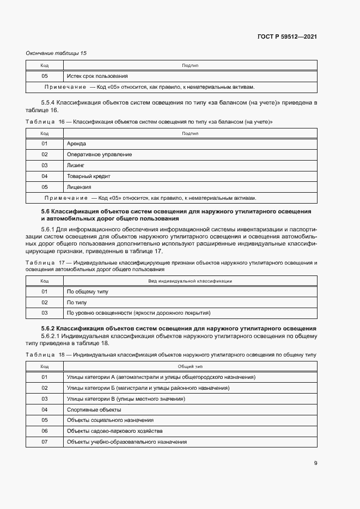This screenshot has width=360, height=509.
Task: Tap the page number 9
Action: pos(315,463)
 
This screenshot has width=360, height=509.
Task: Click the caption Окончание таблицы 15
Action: pos(56,53)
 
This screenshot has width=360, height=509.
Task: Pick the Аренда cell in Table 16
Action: pos(77,144)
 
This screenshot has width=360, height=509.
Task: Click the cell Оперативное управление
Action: pos(99,155)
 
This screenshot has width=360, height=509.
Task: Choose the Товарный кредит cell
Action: pos(88,176)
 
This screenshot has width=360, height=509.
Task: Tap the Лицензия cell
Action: pos(79,187)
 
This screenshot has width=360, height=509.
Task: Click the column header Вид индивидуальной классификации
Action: pos(190,281)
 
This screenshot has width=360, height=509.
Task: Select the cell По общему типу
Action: pos(87,292)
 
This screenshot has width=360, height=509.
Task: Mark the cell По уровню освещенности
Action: pos(138,313)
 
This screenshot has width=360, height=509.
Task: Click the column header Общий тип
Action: pos(190,366)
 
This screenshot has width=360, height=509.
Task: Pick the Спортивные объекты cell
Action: pos(94,409)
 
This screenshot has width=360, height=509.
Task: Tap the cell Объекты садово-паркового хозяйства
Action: pos(114,431)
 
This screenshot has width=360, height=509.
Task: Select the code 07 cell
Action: pos(45,442)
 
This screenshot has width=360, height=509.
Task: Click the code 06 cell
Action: pos(45,431)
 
